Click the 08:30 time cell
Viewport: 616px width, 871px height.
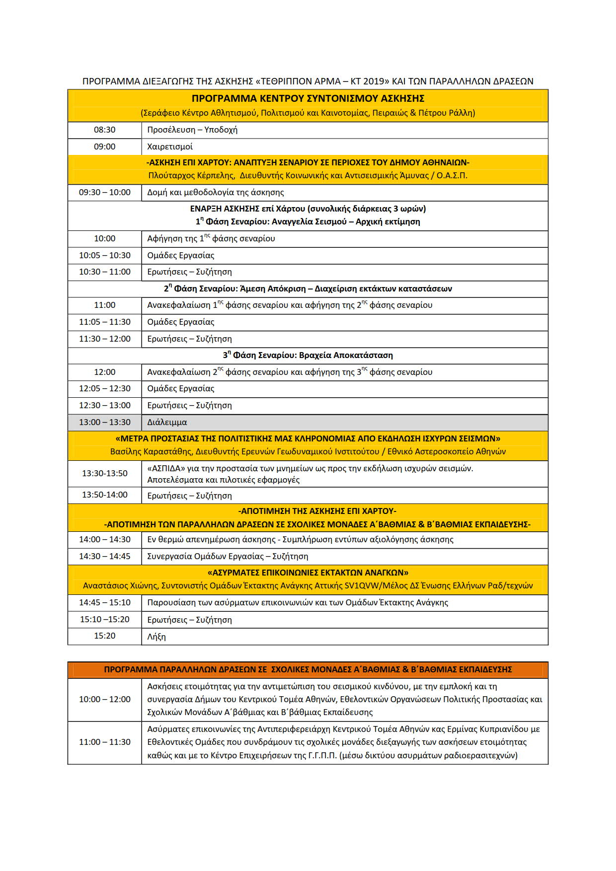click(104, 130)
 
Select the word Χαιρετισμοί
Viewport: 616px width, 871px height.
click(170, 147)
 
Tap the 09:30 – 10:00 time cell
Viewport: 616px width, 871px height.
click(104, 193)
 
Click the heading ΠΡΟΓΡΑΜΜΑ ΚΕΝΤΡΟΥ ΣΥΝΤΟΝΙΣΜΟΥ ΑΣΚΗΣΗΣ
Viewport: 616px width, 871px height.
click(308, 98)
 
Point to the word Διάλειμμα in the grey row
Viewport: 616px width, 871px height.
click(167, 423)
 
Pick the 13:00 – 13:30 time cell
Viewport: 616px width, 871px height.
click(104, 423)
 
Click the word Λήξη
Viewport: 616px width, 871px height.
click(156, 637)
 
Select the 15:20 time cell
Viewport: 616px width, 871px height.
click(104, 636)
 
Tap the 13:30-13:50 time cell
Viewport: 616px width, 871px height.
click(104, 474)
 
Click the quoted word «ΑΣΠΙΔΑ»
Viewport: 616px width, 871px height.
click(166, 468)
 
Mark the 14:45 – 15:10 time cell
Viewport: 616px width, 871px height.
click(104, 603)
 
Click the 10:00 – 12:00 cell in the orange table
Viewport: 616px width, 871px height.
click(104, 700)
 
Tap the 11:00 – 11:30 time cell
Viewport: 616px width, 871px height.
click(104, 742)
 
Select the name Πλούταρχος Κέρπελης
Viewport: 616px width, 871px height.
click(191, 175)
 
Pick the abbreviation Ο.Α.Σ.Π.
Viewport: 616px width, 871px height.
click(452, 175)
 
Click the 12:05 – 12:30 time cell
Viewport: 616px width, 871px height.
click(104, 389)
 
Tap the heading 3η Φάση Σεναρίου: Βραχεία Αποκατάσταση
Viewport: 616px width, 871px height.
click(308, 356)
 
